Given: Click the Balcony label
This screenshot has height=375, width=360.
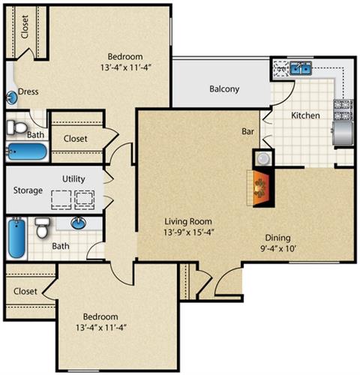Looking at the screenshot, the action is coord(224,89).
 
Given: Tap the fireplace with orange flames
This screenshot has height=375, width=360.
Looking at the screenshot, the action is coord(260,188).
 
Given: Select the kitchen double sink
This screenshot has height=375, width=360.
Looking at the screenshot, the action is coord(301,68).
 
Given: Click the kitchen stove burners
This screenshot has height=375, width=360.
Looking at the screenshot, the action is coord(343,110).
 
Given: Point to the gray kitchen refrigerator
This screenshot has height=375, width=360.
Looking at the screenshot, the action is coord(343,133).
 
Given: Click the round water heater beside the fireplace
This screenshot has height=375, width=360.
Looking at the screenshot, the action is coord(262,158).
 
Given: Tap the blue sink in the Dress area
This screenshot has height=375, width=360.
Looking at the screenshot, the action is coord(11,98).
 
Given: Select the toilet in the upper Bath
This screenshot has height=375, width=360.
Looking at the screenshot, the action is coord(16,127).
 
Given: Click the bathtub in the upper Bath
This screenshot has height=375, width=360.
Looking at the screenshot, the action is coord(27,151).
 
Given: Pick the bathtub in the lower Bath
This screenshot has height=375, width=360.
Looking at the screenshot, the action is coord(17,238).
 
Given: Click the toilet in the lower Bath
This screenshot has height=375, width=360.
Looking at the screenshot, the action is coord(41,228).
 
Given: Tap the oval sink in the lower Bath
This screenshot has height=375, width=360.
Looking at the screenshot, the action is coord(79,223).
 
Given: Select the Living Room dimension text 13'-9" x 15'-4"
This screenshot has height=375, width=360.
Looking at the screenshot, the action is coord(189,232).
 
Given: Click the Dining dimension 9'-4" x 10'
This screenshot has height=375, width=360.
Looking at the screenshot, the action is coord(278,249).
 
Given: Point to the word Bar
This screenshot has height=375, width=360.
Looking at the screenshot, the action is coord(247,131).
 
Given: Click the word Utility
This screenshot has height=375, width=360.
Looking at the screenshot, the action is coord(73,179).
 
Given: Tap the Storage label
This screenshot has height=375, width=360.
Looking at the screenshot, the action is coord(28,190).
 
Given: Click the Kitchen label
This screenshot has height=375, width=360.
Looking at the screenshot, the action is coord(305,115).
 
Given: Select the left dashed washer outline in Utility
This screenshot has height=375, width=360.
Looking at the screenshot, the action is coord(61,199).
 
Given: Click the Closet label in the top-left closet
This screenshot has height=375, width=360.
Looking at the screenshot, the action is coord(25,27).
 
